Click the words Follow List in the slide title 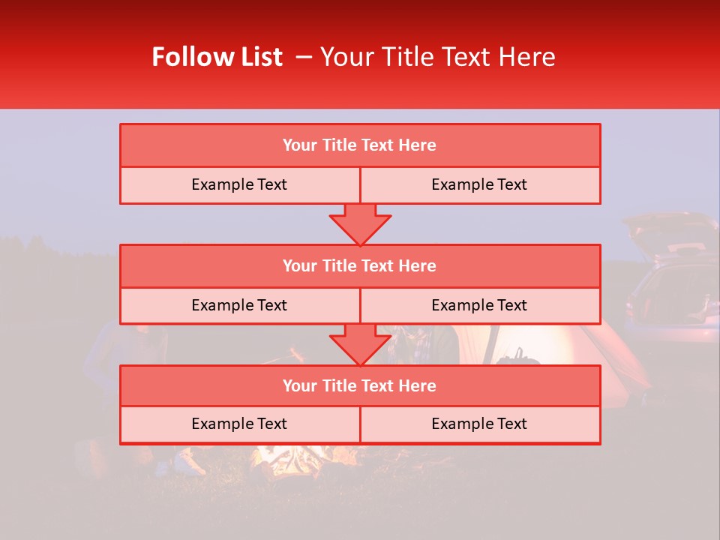point(217,57)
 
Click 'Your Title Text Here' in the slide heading point(437,57)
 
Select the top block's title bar point(360,145)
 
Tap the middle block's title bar point(360,265)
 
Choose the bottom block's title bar point(360,385)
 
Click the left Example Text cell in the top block point(239,184)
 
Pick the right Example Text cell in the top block point(479,184)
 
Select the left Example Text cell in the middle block point(239,305)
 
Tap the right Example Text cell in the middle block point(479,305)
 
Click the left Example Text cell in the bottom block point(239,424)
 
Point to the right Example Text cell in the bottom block point(479,424)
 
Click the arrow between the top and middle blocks point(360,223)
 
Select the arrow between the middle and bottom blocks point(360,344)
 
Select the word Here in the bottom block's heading point(417,385)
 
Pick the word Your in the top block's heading point(300,145)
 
